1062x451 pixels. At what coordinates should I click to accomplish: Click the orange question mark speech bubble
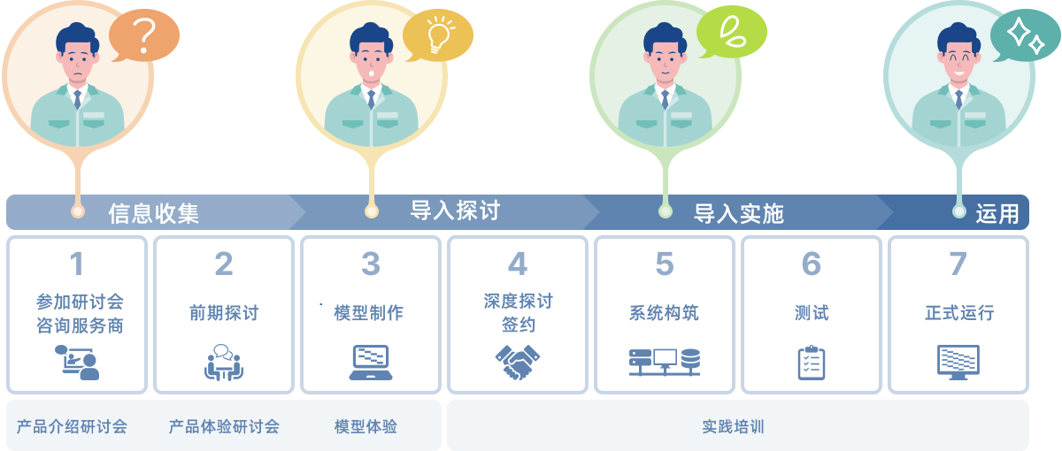coord(144,36)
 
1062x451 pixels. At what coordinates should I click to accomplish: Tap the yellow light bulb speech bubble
coord(437,36)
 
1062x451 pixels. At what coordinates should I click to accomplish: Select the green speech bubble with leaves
coord(731,33)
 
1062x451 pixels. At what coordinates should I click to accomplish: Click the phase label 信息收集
coord(154,213)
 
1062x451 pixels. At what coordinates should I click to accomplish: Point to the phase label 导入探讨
coord(455,210)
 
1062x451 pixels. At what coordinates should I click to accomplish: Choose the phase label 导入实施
coord(739,213)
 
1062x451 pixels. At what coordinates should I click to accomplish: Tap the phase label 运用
coord(997,213)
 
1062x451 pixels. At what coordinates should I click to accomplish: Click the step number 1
coord(77,264)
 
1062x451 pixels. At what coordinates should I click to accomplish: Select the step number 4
coord(517,264)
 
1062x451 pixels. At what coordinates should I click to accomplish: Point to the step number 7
coord(958,264)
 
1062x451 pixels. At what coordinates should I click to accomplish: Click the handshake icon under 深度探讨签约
coord(518,362)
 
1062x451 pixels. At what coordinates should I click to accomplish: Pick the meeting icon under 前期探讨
coord(224,362)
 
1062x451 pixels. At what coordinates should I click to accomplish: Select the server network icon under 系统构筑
coord(665,362)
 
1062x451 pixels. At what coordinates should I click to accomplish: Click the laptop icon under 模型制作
coord(370,362)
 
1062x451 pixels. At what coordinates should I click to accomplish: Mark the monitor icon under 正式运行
coord(958,362)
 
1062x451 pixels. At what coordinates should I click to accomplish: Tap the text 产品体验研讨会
coord(224,427)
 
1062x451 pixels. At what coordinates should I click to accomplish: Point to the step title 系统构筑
coord(665,313)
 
